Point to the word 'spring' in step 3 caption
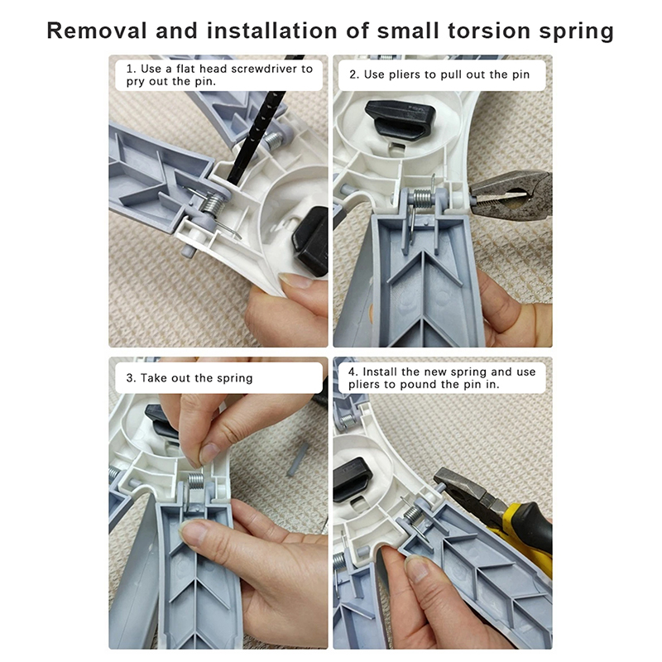[234, 378]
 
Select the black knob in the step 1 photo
[311, 241]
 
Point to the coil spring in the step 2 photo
[425, 198]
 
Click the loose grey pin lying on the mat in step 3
[297, 459]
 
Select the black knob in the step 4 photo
[351, 480]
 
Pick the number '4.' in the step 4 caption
[353, 372]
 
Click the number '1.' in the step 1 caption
[131, 69]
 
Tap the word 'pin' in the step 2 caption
[521, 75]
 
